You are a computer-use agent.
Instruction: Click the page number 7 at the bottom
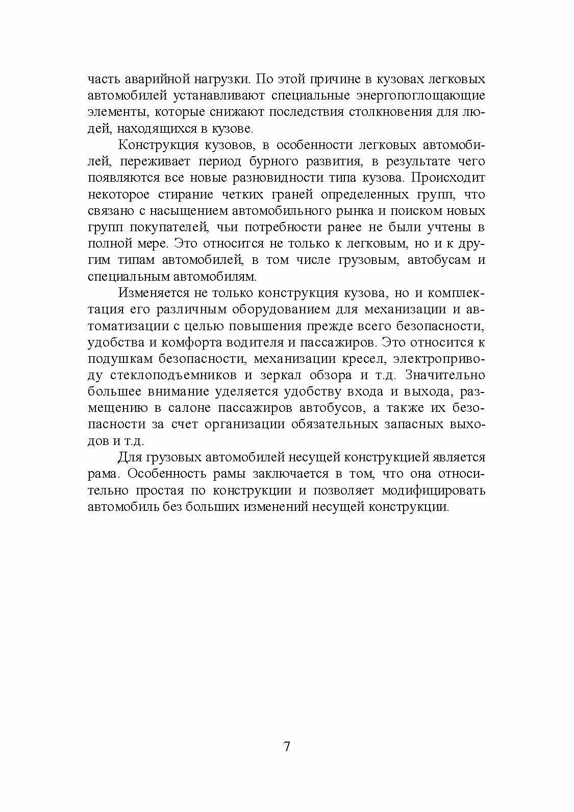286,747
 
